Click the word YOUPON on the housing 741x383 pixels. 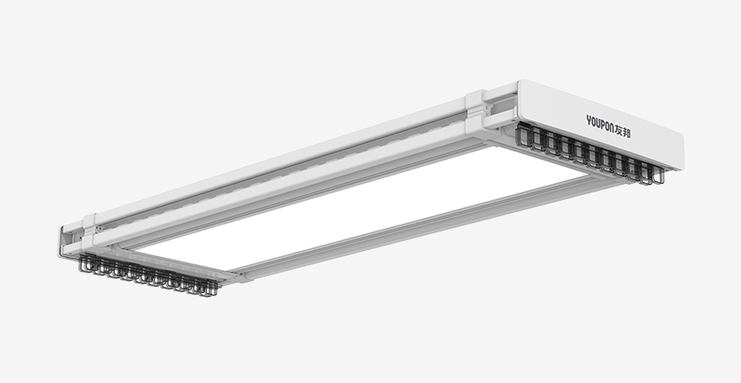click(x=600, y=123)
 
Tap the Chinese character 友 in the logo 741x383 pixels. click(x=619, y=129)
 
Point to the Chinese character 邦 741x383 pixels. click(x=627, y=132)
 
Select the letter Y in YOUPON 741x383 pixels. click(x=589, y=119)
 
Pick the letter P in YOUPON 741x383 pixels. click(x=602, y=124)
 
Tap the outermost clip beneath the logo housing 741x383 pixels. click(x=658, y=174)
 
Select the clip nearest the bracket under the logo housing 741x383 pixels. click(x=522, y=134)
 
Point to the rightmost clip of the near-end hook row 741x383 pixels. click(x=211, y=288)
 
